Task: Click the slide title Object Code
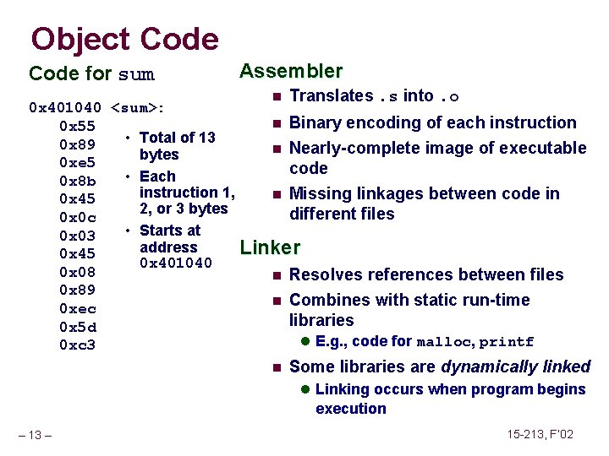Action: [124, 39]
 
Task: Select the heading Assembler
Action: [291, 71]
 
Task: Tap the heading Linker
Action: [271, 247]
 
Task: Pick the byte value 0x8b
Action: [78, 181]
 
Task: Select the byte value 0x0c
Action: [78, 217]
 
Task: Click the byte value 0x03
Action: [78, 236]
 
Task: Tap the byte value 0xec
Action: [78, 309]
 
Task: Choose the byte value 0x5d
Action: [78, 327]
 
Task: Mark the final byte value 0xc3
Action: [78, 345]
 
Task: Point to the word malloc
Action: [449, 342]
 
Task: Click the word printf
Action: [507, 342]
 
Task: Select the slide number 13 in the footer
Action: [36, 435]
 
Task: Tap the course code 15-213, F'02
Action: [540, 434]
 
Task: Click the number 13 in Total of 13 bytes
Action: [206, 138]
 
